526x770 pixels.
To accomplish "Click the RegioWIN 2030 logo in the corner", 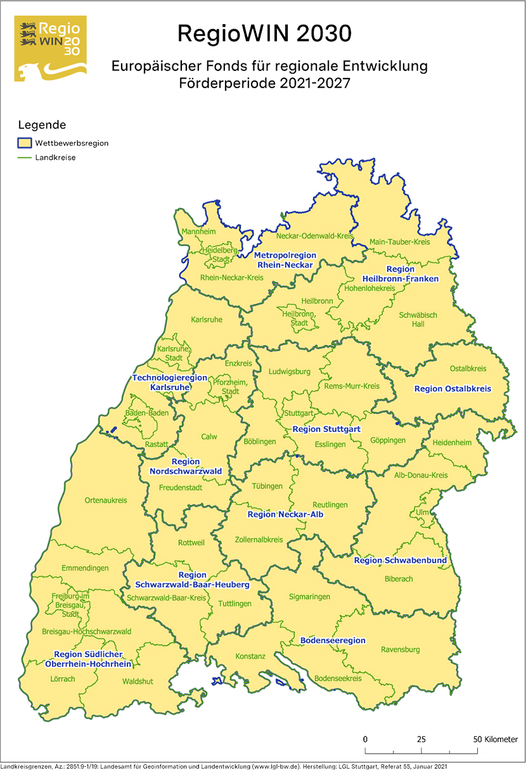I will pyautogui.click(x=50, y=48).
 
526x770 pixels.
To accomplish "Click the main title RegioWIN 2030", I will pyautogui.click(x=263, y=33).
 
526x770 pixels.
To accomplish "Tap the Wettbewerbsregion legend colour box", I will pyautogui.click(x=25, y=143).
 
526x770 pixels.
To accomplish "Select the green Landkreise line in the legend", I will pyautogui.click(x=25, y=157).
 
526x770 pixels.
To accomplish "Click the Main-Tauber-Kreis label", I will pyautogui.click(x=400, y=242).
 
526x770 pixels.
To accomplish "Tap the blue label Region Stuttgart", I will pyautogui.click(x=326, y=429).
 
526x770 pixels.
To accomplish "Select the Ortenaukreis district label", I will pyautogui.click(x=106, y=500).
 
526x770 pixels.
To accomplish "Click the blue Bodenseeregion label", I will pyautogui.click(x=333, y=640).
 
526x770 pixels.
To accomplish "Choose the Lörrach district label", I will pyautogui.click(x=63, y=679).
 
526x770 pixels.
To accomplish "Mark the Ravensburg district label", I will pyautogui.click(x=400, y=649).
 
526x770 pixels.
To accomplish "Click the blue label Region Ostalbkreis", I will pyautogui.click(x=452, y=388).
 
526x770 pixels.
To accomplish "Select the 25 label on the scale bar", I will pyautogui.click(x=421, y=740).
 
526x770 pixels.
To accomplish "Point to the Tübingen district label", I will pyautogui.click(x=267, y=486).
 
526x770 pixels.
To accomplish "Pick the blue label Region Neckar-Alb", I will pyautogui.click(x=285, y=514).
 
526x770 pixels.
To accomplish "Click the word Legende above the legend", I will pyautogui.click(x=42, y=125).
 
